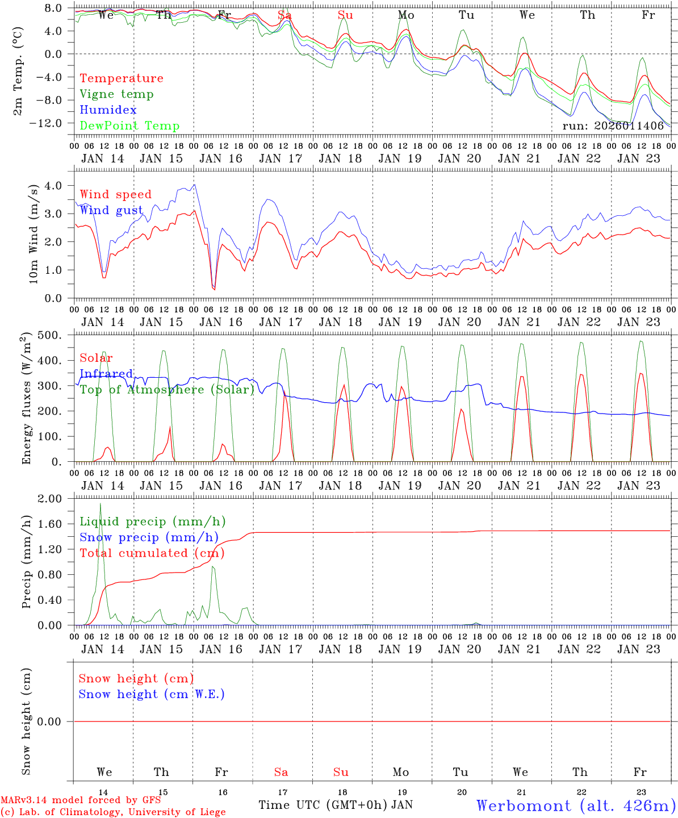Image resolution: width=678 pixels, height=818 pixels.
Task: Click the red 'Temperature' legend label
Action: click(x=121, y=78)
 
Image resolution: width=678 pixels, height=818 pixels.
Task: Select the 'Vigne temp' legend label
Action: click(x=116, y=94)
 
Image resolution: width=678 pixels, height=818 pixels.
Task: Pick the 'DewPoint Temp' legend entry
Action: click(x=129, y=126)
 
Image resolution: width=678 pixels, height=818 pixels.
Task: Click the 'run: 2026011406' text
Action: click(x=613, y=126)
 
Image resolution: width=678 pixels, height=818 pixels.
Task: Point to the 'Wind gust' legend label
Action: click(x=111, y=210)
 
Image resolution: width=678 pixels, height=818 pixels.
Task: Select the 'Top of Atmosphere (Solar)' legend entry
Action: click(x=167, y=390)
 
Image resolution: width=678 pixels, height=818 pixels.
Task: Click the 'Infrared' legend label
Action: click(x=106, y=374)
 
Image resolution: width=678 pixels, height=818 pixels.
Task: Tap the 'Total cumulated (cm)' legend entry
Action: click(x=152, y=553)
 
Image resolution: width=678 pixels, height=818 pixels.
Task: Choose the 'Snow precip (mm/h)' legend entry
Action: click(x=149, y=537)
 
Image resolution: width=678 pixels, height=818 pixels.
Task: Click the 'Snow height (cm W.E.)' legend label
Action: click(x=152, y=694)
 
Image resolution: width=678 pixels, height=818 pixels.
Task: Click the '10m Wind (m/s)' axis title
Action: click(x=33, y=233)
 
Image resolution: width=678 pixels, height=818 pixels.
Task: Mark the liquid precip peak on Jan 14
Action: click(x=101, y=504)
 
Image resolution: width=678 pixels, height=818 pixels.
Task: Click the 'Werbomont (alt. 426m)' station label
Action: click(x=576, y=806)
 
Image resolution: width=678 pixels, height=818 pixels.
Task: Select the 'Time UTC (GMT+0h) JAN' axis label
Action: click(x=336, y=805)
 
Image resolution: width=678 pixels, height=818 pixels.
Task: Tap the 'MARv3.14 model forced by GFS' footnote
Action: click(x=80, y=800)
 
